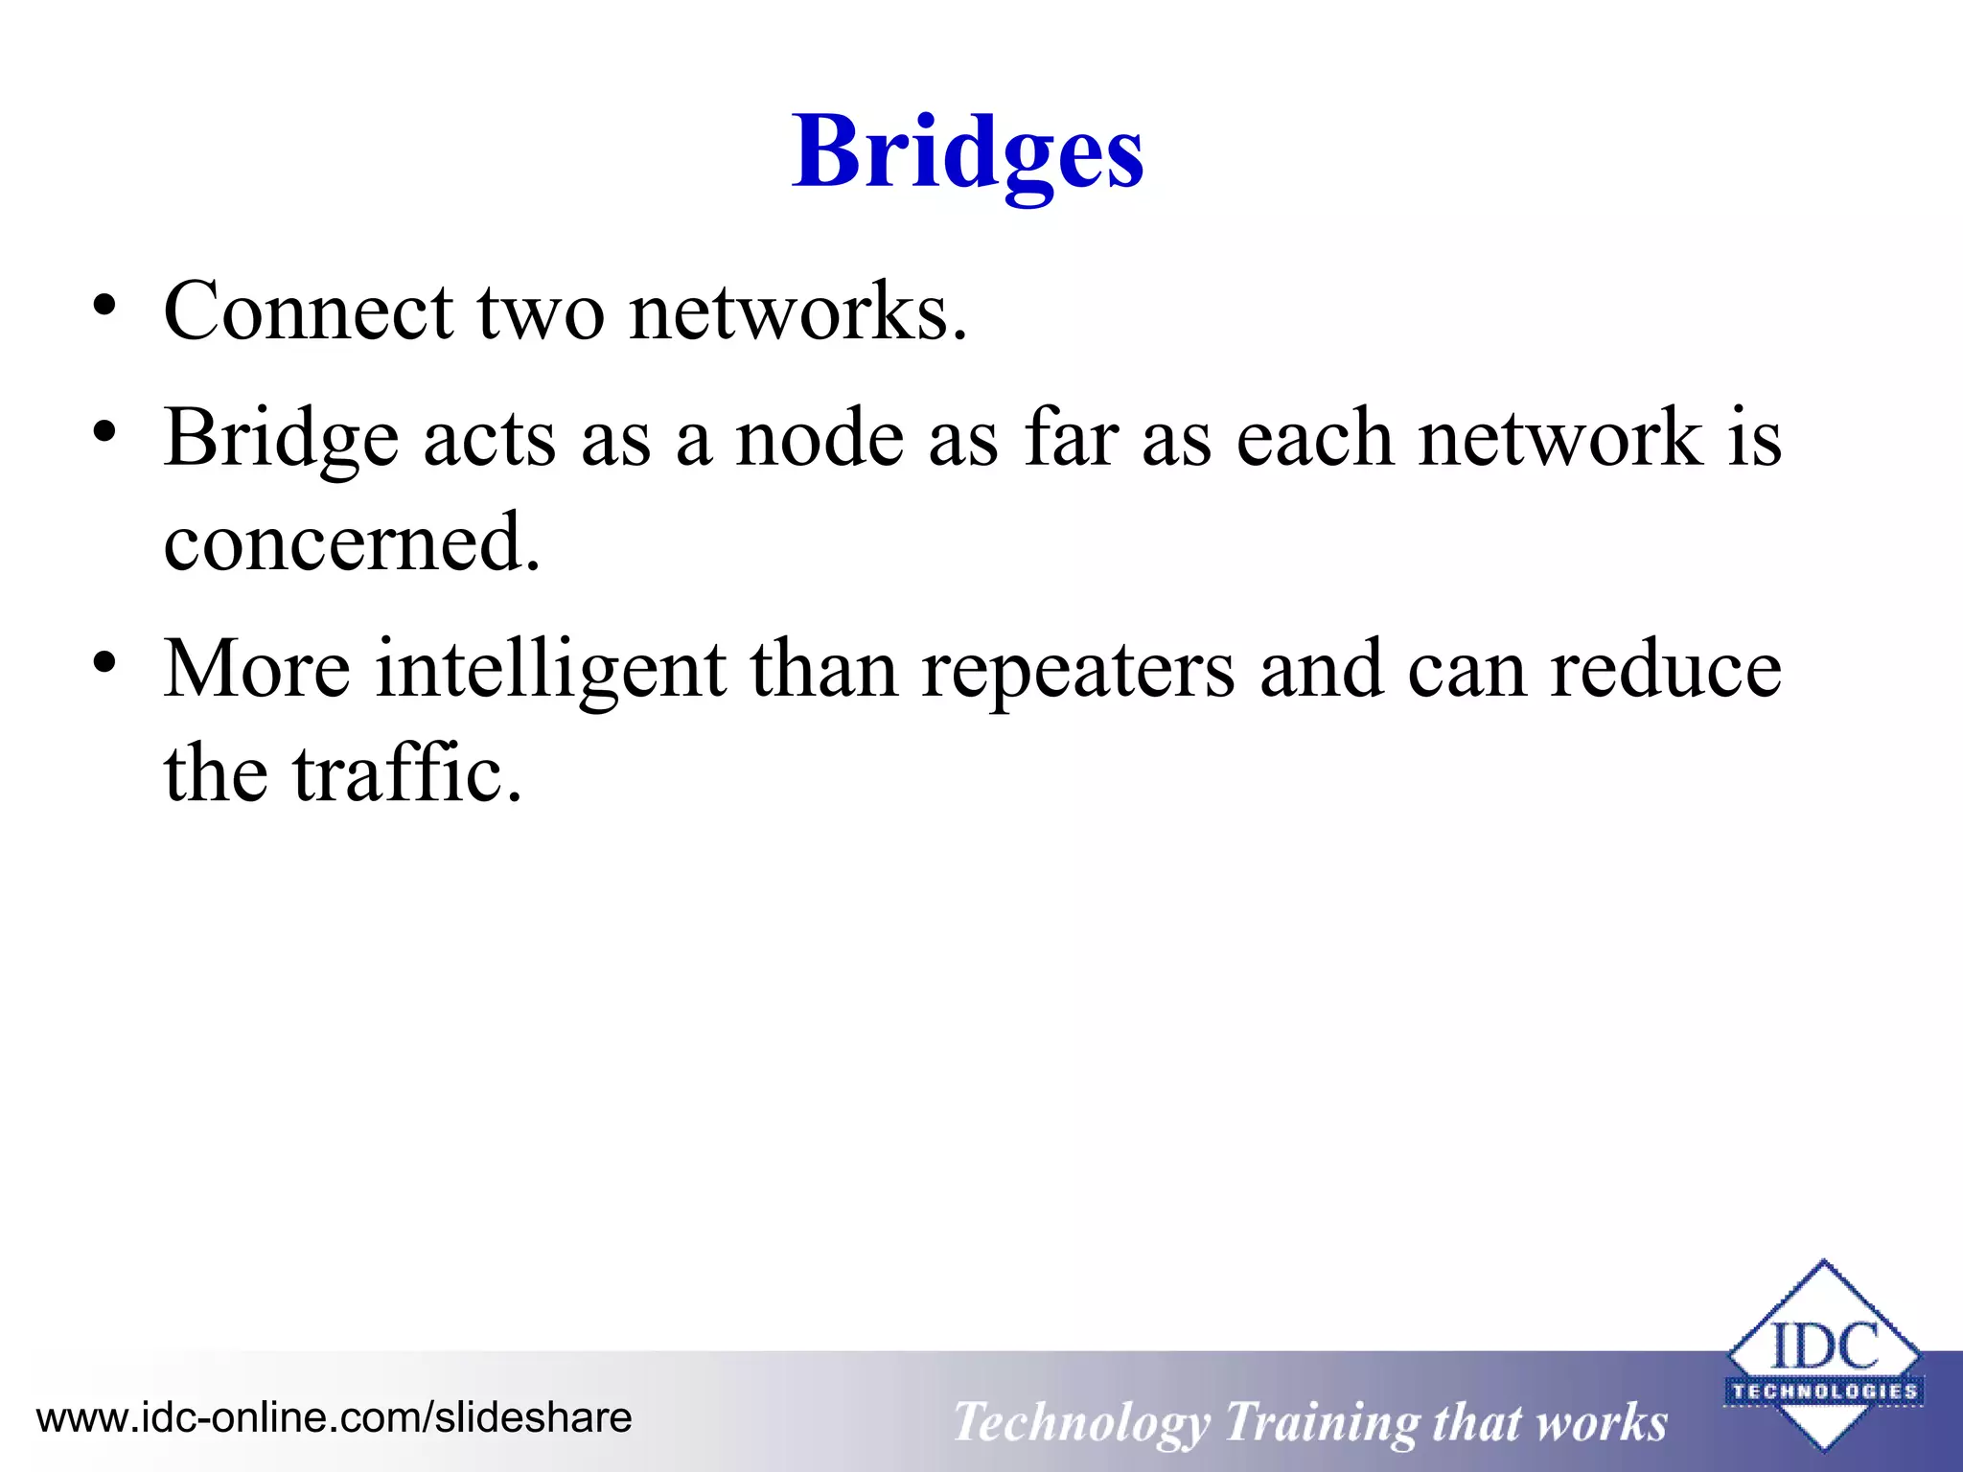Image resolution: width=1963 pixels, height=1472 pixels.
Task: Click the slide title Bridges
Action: [967, 153]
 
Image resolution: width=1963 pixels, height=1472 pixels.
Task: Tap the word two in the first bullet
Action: [541, 313]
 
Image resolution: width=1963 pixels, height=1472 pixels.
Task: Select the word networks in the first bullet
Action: [797, 313]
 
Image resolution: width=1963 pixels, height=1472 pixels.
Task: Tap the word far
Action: [1071, 437]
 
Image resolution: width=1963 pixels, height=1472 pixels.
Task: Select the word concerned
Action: [352, 542]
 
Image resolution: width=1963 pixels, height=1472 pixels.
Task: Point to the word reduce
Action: [1666, 669]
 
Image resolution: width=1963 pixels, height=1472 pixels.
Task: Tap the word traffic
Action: [407, 773]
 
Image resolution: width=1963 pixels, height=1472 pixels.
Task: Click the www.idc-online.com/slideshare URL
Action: [334, 1417]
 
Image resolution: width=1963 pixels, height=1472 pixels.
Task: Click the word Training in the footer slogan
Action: [1321, 1422]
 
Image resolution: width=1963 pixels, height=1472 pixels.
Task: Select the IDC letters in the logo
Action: [1824, 1346]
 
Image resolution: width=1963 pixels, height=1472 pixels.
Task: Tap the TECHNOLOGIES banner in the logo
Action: [1824, 1391]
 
